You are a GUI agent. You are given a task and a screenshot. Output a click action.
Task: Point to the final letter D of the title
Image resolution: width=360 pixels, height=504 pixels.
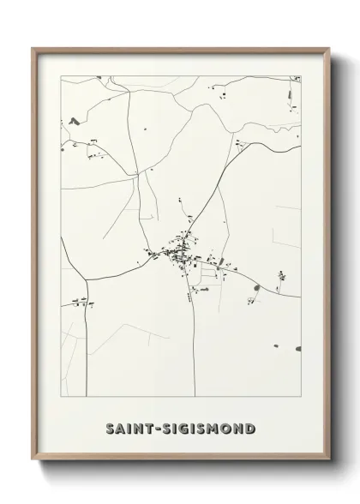pos(250,429)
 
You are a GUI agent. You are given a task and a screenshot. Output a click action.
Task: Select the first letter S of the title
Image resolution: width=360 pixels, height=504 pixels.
pos(110,429)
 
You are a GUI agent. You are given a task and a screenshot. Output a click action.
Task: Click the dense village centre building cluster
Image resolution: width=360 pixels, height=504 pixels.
pos(183,251)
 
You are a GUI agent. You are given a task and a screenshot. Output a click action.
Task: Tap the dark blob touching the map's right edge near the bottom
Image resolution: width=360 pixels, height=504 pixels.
pos(297,349)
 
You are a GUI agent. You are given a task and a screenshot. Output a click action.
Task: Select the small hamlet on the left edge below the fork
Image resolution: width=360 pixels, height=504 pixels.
pos(80,301)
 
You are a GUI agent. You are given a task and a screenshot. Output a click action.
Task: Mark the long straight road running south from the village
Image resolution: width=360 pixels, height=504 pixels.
pos(194,343)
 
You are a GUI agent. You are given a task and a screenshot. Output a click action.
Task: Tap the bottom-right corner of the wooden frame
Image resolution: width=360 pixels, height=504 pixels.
pos(327,462)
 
